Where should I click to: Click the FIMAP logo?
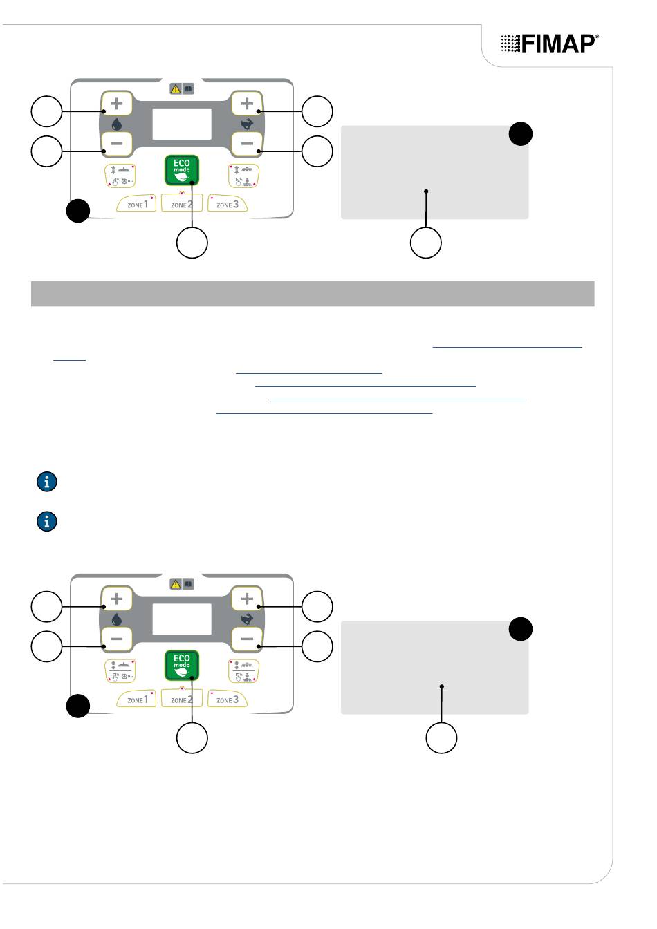[x=549, y=44]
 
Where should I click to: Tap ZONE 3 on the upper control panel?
[x=227, y=204]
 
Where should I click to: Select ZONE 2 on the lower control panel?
[x=182, y=699]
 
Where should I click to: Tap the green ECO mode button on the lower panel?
[x=181, y=664]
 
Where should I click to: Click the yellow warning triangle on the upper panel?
[x=176, y=88]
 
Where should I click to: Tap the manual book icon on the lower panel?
[x=188, y=584]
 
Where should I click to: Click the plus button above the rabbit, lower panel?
[x=247, y=599]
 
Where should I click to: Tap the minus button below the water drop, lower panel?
[x=116, y=639]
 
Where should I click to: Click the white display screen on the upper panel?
[x=181, y=125]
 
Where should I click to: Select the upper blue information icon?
[x=46, y=482]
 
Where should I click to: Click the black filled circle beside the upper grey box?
[x=521, y=133]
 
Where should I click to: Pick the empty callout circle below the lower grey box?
[x=441, y=738]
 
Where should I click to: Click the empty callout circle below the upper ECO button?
[x=192, y=243]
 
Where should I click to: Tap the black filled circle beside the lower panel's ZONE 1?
[x=78, y=706]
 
